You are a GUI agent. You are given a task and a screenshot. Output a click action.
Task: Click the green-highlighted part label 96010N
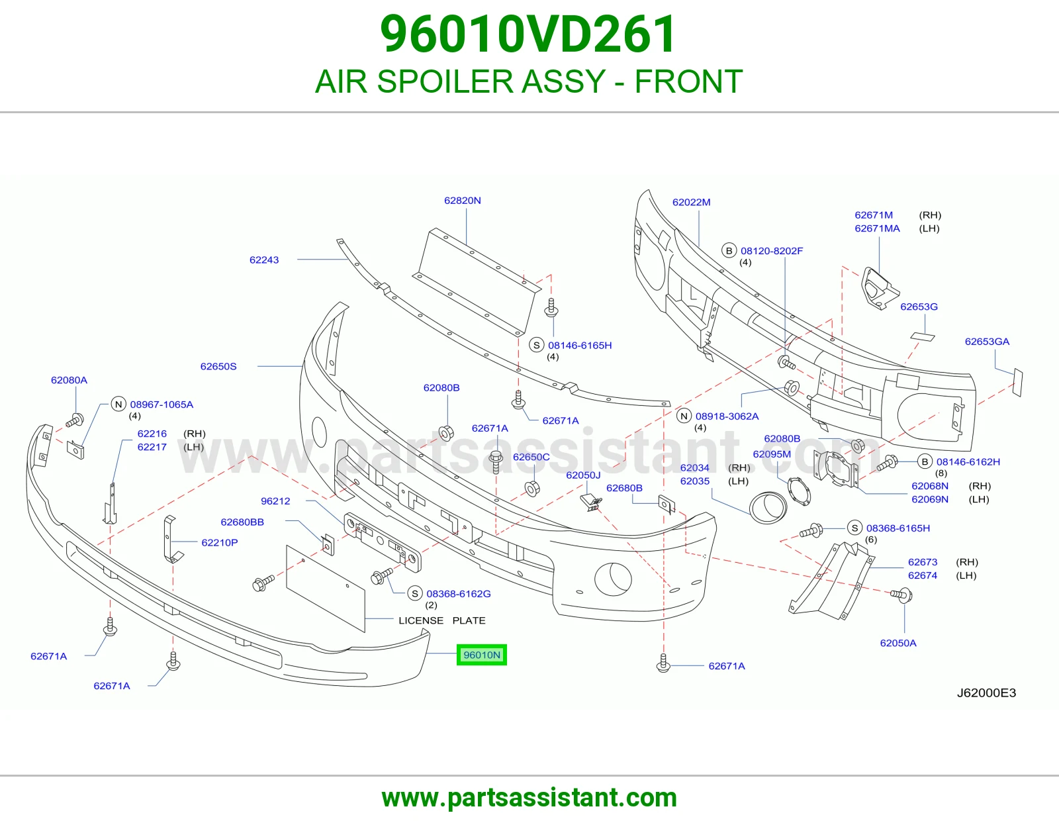(x=481, y=655)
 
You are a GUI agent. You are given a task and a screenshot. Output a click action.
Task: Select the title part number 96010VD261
(x=528, y=34)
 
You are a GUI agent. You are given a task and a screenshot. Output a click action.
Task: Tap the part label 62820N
(x=463, y=201)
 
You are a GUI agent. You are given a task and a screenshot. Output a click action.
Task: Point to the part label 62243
(x=264, y=260)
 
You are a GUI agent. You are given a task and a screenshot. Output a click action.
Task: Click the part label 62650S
(x=218, y=366)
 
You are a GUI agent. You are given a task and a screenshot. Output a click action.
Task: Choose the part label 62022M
(x=692, y=202)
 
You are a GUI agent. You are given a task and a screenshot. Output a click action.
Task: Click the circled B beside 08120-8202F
(x=729, y=250)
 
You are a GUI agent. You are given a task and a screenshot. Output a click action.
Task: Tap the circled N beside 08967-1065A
(x=118, y=404)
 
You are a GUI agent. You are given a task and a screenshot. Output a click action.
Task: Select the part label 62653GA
(x=987, y=341)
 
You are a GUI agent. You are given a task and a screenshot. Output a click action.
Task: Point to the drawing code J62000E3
(x=986, y=693)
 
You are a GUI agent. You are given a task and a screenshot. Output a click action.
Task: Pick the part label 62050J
(x=583, y=475)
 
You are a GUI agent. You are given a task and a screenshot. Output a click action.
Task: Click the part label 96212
(x=275, y=501)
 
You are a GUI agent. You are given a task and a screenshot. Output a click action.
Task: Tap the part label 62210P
(x=220, y=542)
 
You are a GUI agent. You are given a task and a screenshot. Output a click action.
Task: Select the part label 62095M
(x=772, y=454)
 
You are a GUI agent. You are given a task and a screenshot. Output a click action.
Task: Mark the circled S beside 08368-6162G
(x=415, y=593)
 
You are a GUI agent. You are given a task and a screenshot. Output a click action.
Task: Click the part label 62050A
(x=898, y=642)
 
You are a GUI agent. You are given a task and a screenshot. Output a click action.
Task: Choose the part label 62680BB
(x=242, y=522)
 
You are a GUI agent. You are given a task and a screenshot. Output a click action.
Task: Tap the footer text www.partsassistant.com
(x=529, y=798)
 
